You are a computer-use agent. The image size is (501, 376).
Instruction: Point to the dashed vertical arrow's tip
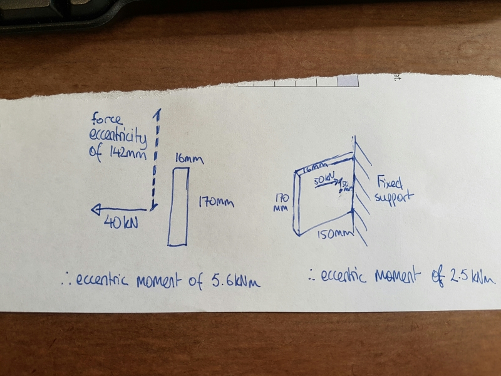coord(158,112)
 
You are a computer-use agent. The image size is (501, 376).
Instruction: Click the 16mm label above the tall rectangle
coord(189,160)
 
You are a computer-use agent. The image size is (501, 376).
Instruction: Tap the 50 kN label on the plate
coord(325,179)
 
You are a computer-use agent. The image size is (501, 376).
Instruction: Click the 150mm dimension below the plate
coord(331,236)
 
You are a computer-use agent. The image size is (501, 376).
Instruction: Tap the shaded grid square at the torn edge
coord(348,81)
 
